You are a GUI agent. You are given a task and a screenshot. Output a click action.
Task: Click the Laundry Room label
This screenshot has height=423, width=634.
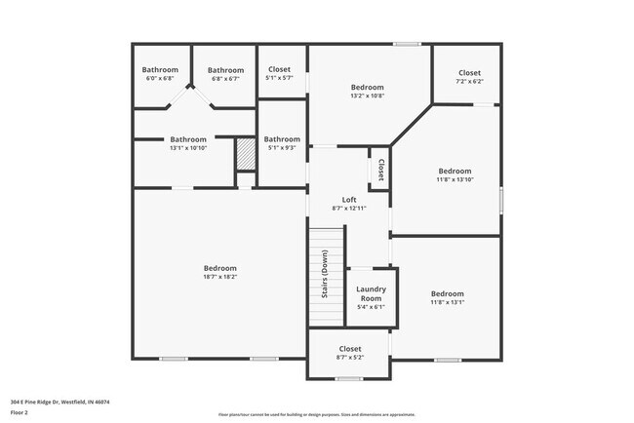[371, 293]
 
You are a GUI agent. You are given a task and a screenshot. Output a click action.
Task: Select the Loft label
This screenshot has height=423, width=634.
[348, 199]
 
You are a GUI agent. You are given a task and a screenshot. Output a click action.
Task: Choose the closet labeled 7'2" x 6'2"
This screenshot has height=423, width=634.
[469, 82]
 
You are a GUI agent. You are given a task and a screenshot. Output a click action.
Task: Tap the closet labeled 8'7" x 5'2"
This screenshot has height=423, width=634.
[349, 358]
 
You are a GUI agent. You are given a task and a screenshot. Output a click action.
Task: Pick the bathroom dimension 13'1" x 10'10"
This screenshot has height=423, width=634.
[188, 148]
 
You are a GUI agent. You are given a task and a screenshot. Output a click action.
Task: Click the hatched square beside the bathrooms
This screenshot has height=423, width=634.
[245, 155]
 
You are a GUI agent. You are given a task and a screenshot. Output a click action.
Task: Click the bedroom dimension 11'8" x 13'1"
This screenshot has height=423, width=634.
[447, 302]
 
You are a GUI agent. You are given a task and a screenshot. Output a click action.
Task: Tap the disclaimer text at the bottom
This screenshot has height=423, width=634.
[316, 414]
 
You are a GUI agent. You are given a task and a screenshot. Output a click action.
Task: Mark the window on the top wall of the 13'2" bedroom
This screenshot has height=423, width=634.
[407, 44]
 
